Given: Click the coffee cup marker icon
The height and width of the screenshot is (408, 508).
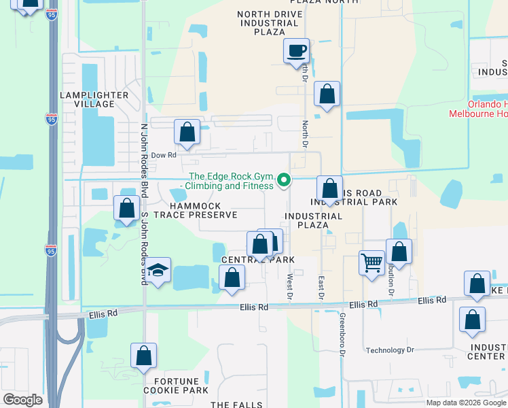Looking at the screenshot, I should [296, 52].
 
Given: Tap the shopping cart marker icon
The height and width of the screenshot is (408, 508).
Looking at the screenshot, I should [371, 262].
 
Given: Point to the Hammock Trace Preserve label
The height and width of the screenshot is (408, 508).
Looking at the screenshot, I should [195, 210].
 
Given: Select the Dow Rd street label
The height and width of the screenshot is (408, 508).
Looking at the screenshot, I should [163, 155].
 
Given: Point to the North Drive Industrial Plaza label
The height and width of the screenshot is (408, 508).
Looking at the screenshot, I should [267, 23].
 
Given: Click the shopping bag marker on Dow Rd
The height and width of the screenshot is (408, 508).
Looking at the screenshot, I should [187, 132].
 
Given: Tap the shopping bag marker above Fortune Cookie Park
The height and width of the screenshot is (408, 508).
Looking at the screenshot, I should [143, 356].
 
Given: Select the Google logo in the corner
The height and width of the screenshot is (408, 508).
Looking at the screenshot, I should [22, 400].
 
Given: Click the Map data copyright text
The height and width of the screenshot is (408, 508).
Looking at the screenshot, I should [466, 403].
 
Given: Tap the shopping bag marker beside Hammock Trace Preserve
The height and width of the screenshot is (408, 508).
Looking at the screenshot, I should [126, 208].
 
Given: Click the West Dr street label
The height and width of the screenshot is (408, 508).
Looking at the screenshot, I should [289, 286].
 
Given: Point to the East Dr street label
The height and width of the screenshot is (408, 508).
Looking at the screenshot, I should [321, 286].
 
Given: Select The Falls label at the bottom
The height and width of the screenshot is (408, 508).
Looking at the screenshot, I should [236, 405].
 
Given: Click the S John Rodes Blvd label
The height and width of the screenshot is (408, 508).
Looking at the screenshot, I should [143, 249].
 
